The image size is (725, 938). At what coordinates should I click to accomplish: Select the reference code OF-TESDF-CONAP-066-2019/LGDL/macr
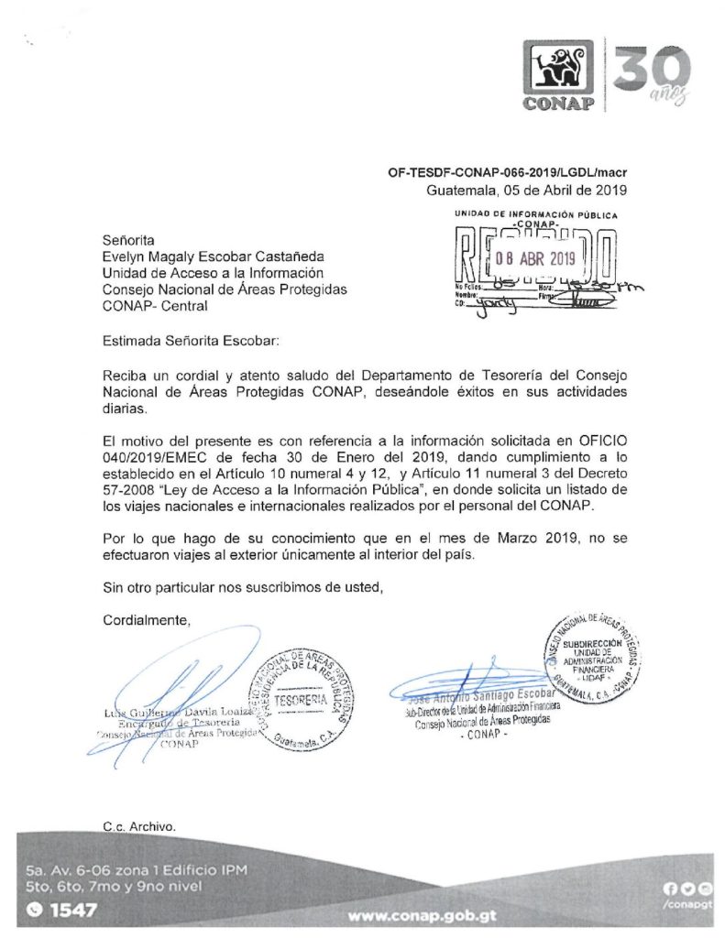(507, 172)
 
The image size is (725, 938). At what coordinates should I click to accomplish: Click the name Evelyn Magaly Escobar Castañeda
(214, 256)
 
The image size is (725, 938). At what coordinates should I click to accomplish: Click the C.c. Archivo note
(138, 826)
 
